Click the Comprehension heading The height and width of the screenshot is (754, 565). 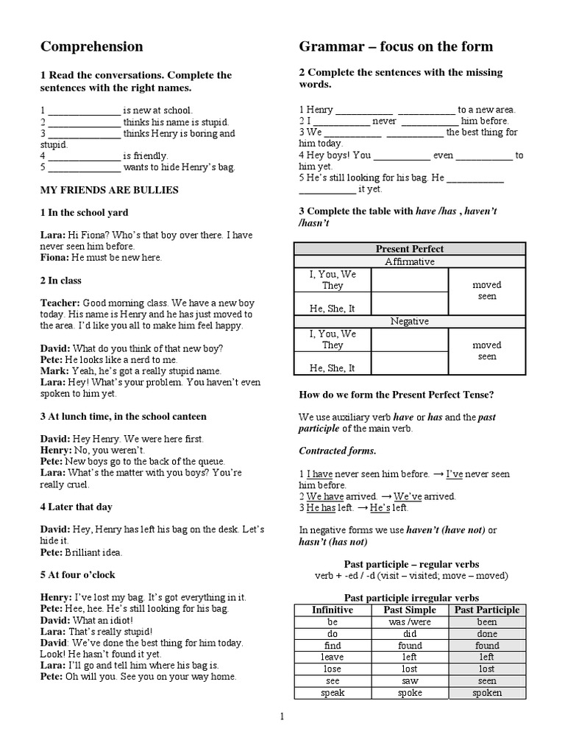[x=91, y=47]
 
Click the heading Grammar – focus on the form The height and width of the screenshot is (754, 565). [x=396, y=47]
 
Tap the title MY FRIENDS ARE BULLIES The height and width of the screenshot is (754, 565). [x=109, y=190]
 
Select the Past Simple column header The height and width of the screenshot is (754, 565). [x=410, y=610]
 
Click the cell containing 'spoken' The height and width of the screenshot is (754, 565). [x=487, y=692]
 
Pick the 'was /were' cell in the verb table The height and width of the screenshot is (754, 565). [x=410, y=621]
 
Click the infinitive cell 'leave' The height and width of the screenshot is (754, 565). [x=333, y=657]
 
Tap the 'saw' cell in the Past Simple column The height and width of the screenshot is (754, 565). [x=410, y=680]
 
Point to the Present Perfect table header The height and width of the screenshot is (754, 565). [x=410, y=249]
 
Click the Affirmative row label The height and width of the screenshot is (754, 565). [x=410, y=261]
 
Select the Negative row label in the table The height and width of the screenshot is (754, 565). [x=410, y=321]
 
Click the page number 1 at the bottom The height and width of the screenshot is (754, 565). [x=282, y=715]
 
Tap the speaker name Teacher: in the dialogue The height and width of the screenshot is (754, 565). [x=60, y=303]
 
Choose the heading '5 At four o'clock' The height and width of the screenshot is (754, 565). [x=77, y=574]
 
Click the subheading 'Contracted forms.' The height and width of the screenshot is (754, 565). [x=337, y=450]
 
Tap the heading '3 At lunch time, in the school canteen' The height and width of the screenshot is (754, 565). [x=123, y=416]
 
